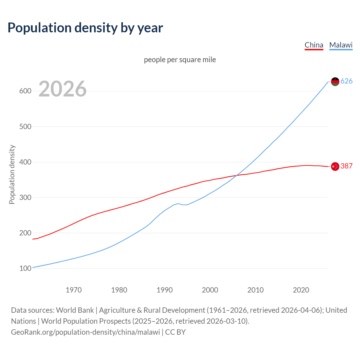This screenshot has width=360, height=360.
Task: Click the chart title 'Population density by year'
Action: point(85,28)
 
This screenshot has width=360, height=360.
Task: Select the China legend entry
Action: point(314,45)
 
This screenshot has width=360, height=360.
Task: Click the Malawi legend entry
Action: point(341,45)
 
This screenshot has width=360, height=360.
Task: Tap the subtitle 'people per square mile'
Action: point(180,60)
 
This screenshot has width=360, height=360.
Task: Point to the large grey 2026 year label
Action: point(62,89)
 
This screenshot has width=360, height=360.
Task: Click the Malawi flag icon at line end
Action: point(335,82)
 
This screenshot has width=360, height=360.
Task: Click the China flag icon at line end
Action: point(335,166)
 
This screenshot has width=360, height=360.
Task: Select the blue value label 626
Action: point(346,81)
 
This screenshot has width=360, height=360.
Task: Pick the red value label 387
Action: point(346,166)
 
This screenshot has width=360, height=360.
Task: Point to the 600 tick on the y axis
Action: point(25,91)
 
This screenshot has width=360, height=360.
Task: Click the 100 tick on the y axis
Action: point(25,269)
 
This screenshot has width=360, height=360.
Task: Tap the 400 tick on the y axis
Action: point(25,162)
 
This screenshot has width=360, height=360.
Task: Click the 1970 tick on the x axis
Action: point(74,290)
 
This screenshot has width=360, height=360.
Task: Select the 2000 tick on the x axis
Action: point(210,290)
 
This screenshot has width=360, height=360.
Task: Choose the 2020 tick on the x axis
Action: point(301,290)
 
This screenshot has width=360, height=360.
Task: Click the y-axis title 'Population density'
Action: point(12,174)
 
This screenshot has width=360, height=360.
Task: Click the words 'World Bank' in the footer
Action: point(75,310)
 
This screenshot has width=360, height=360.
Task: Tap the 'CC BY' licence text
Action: point(175,332)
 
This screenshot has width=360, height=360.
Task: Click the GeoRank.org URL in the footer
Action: point(85,332)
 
